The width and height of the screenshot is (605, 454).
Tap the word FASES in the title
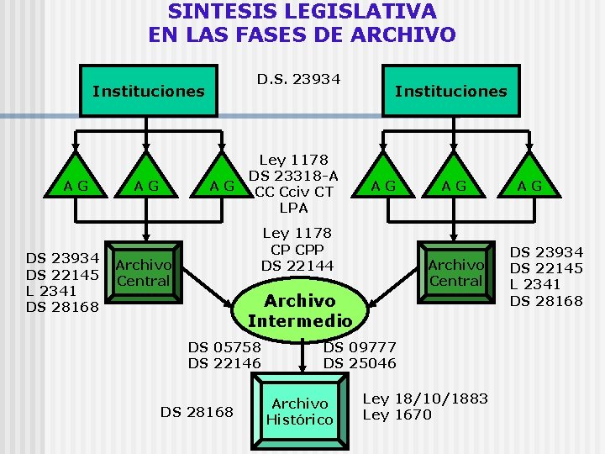[301, 34]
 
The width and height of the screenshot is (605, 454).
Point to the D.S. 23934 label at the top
[298, 79]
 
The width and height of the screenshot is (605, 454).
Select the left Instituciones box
[148, 91]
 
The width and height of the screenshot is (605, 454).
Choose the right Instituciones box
[451, 91]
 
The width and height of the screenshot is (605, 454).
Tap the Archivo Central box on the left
[144, 272]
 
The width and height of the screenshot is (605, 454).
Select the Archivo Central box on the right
[455, 272]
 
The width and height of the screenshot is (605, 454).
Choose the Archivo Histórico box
[300, 411]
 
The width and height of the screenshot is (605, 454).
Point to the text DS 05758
[224, 346]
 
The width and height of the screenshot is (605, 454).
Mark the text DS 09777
[360, 346]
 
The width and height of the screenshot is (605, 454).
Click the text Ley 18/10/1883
[425, 398]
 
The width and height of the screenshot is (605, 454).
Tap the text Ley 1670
[397, 414]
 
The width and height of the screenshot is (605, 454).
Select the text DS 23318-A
[293, 176]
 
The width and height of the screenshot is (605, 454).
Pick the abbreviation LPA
[293, 208]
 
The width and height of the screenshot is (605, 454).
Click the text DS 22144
[297, 266]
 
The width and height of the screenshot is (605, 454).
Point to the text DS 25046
[360, 363]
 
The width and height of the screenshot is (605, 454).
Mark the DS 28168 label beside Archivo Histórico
[197, 411]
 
